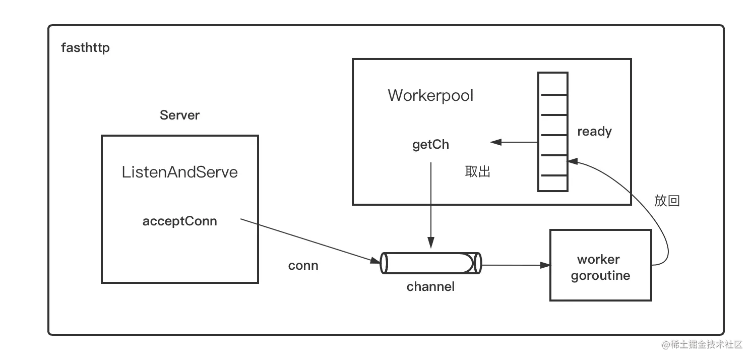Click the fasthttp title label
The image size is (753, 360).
click(85, 48)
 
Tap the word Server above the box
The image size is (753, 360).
click(179, 115)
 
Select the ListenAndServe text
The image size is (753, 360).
click(179, 172)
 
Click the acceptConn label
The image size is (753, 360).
click(179, 221)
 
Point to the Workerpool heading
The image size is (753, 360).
click(430, 95)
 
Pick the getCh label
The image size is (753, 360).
click(430, 145)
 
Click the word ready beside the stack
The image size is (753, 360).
click(594, 132)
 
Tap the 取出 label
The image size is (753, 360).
click(477, 172)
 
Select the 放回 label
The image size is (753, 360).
click(667, 200)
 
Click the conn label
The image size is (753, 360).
click(303, 265)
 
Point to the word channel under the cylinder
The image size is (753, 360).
click(430, 287)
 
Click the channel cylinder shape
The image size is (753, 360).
click(430, 263)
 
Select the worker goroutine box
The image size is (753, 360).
click(600, 265)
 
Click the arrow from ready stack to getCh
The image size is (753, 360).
click(514, 142)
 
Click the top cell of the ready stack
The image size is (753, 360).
click(553, 84)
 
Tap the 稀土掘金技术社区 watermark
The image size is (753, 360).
click(702, 344)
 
